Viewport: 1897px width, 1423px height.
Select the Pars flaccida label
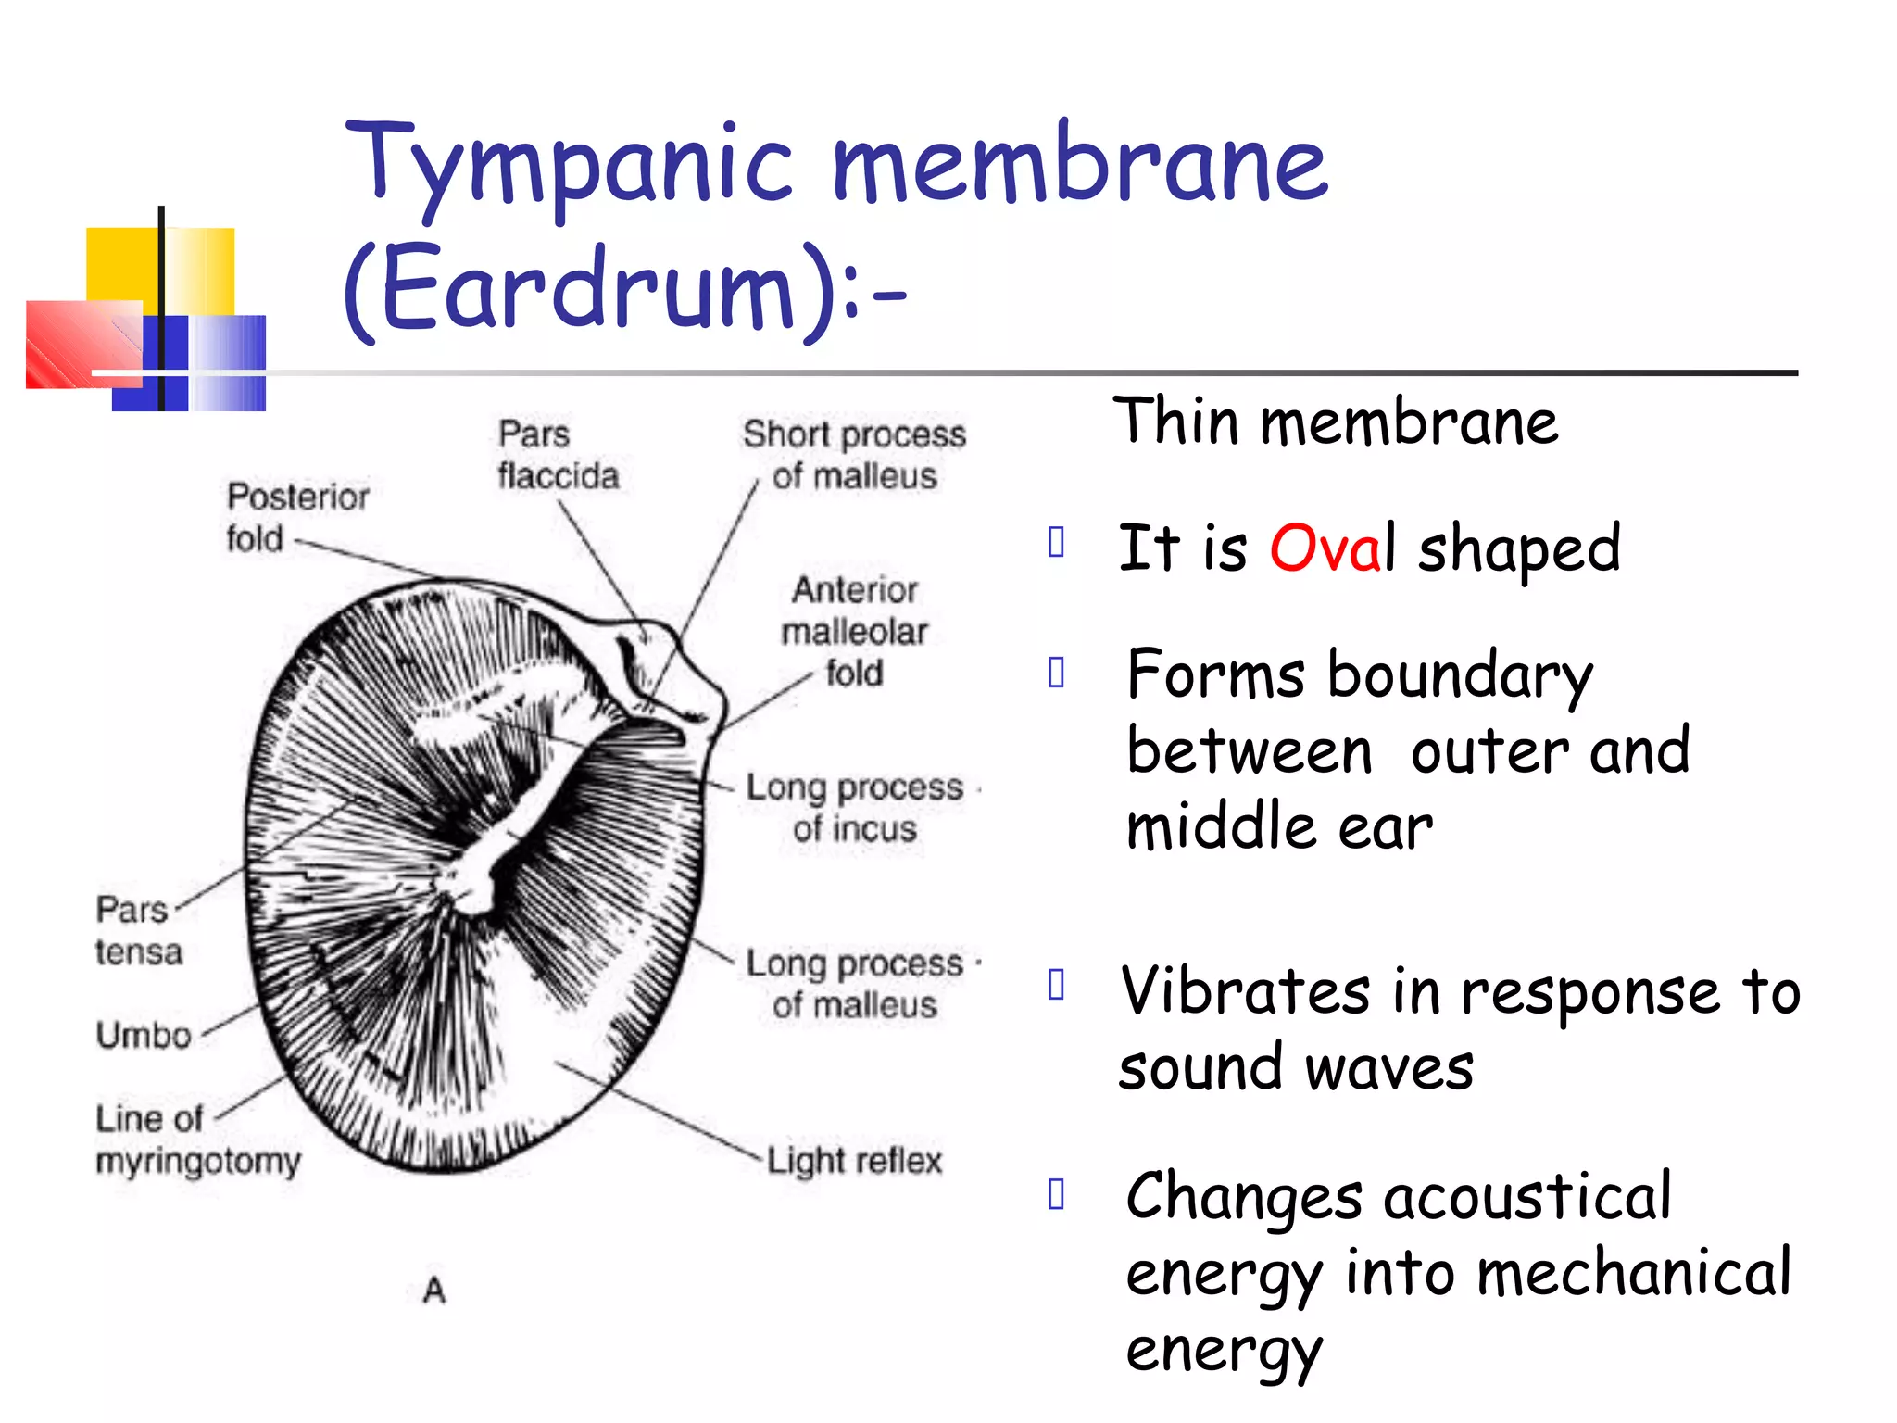[558, 455]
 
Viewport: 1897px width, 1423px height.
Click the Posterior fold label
[296, 517]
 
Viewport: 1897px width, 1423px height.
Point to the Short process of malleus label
[854, 455]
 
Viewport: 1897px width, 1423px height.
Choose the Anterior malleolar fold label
[854, 631]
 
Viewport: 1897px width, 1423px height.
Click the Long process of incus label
[854, 808]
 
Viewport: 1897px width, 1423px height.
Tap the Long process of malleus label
[854, 984]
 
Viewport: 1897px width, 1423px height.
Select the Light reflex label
[854, 1161]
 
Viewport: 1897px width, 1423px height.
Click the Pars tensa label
[138, 930]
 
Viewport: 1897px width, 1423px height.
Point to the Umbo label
[144, 1035]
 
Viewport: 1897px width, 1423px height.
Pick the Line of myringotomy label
[197, 1140]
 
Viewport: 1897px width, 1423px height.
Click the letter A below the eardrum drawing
[434, 1290]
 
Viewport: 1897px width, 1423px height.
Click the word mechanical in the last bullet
[1634, 1275]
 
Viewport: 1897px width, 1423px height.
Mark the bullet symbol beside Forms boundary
[1056, 673]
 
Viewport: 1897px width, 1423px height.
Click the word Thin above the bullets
[1175, 422]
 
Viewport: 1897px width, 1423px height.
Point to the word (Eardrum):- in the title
[625, 289]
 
